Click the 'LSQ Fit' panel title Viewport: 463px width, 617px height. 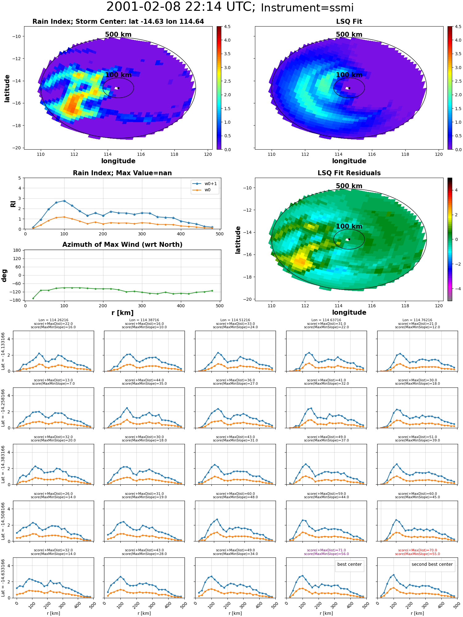coord(349,22)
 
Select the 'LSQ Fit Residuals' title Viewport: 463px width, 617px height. coord(349,173)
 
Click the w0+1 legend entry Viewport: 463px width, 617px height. coord(205,184)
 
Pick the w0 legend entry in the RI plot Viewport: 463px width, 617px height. coord(201,190)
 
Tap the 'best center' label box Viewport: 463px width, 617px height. coord(349,564)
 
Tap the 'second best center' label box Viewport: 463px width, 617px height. coord(432,564)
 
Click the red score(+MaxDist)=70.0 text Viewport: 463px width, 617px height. coord(417,550)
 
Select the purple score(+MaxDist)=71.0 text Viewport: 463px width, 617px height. coord(326,550)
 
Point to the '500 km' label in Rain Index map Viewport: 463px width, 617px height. coord(118,35)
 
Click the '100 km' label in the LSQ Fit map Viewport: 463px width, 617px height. coord(349,75)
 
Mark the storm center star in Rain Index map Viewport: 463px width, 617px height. coord(118,88)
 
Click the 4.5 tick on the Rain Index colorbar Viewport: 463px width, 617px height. coord(227,27)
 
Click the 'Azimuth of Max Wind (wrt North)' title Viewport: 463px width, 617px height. coord(122,245)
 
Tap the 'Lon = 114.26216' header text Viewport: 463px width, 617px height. coord(53,320)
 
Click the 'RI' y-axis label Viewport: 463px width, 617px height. coord(13,204)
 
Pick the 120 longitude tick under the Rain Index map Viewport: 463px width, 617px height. coord(208,154)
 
